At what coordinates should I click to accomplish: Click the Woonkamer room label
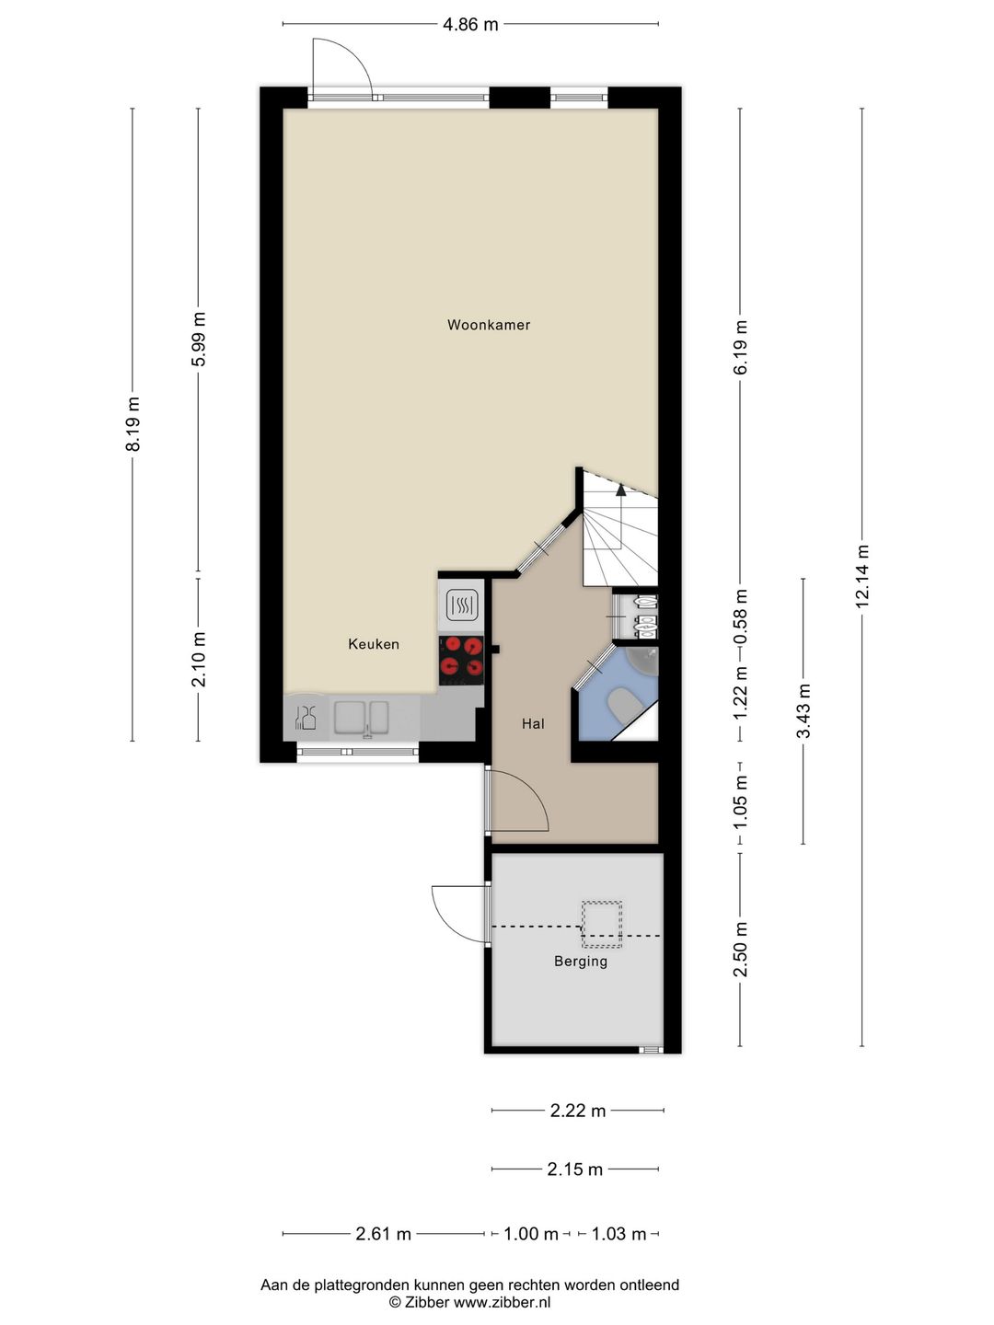point(488,325)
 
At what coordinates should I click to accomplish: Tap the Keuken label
point(374,644)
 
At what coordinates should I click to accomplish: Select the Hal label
point(533,723)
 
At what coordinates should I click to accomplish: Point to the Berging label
point(581,961)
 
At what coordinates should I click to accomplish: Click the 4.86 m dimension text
point(470,24)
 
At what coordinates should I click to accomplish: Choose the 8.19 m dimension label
point(133,424)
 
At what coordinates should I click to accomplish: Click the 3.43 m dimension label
point(803,710)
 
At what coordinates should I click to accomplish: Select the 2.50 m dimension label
point(741,949)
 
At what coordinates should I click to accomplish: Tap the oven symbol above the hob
point(462,603)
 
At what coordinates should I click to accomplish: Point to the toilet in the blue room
point(623,703)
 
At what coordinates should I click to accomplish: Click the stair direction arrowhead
point(621,489)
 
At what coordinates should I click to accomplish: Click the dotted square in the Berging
point(602,924)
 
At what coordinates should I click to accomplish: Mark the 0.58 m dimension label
point(741,616)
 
